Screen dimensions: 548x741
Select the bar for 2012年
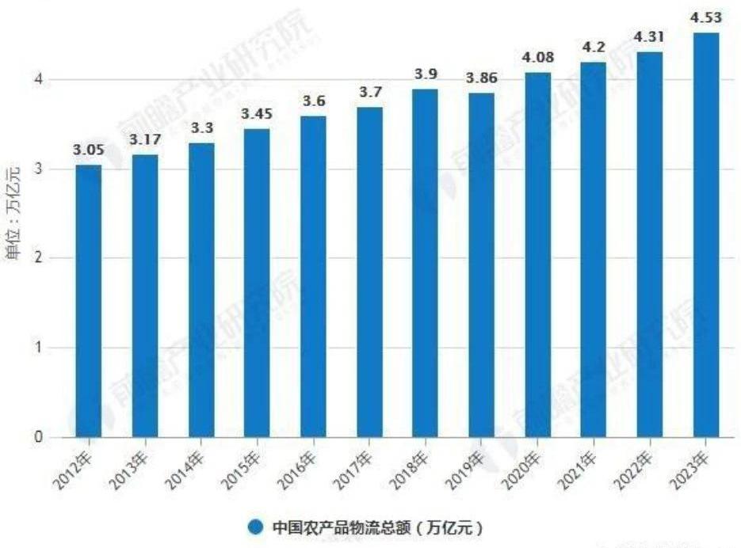pyautogui.click(x=89, y=301)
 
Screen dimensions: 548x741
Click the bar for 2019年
pyautogui.click(x=481, y=265)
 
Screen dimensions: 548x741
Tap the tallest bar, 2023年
pyautogui.click(x=705, y=234)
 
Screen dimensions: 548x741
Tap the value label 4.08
pyautogui.click(x=537, y=58)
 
